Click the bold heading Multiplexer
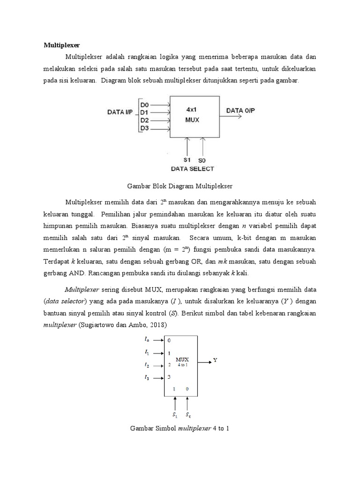(x=62, y=45)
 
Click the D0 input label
(x=145, y=105)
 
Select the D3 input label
(x=145, y=128)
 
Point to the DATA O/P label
(x=241, y=111)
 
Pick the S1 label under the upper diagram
(x=187, y=160)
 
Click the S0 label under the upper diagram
(x=202, y=160)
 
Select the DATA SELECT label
(x=193, y=169)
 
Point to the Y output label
(x=216, y=360)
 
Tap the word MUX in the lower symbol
(x=182, y=359)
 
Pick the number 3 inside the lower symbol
(x=169, y=377)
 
